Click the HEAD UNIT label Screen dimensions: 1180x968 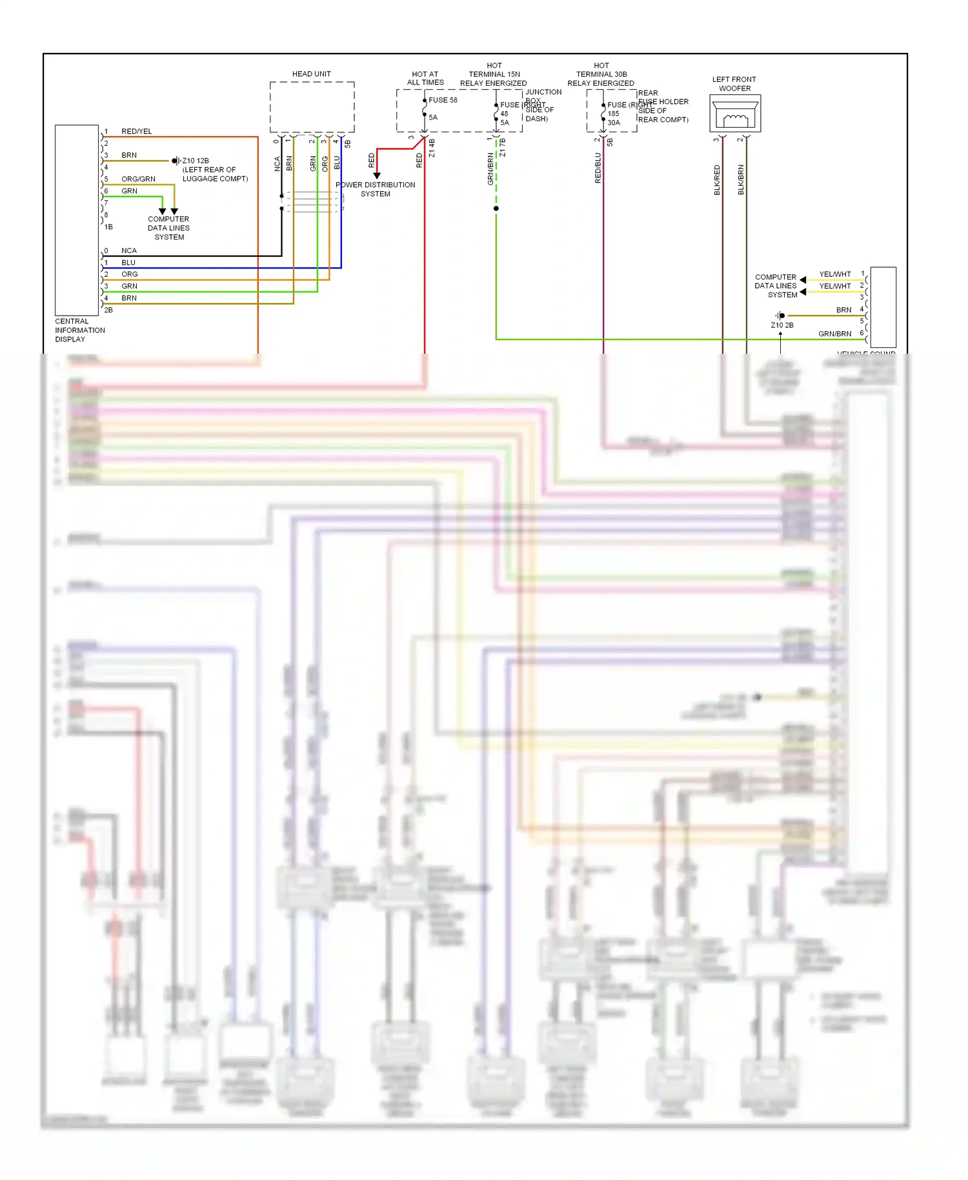tap(311, 74)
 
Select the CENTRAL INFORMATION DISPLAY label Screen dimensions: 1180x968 tap(79, 330)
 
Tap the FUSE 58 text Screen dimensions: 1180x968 tap(443, 100)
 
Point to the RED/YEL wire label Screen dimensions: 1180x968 tap(136, 131)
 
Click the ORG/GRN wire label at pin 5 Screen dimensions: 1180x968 tap(138, 179)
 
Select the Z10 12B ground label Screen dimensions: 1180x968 tap(196, 161)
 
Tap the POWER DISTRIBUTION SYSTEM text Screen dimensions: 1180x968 tap(375, 189)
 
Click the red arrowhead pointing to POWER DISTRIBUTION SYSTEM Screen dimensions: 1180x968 tap(377, 175)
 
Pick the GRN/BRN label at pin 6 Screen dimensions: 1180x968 tap(834, 334)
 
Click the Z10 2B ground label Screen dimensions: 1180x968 tap(782, 325)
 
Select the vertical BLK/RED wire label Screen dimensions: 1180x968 tap(717, 180)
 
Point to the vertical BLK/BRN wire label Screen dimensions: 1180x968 tap(741, 180)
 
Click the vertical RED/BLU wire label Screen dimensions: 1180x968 tap(598, 168)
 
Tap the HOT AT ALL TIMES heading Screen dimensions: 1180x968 tap(425, 78)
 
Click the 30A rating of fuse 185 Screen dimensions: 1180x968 tap(613, 123)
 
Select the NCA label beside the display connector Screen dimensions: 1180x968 tap(129, 250)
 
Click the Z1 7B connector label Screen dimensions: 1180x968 tap(503, 148)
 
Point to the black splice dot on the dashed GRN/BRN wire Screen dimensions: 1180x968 tap(496, 209)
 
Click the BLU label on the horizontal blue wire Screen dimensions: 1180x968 tap(128, 263)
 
